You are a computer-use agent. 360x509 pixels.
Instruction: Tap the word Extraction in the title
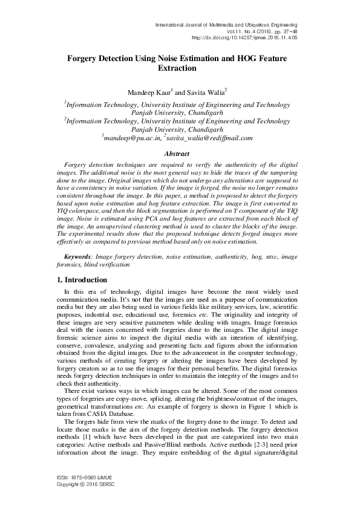pos(180,69)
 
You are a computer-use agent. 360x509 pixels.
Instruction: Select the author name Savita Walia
pos(206,92)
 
